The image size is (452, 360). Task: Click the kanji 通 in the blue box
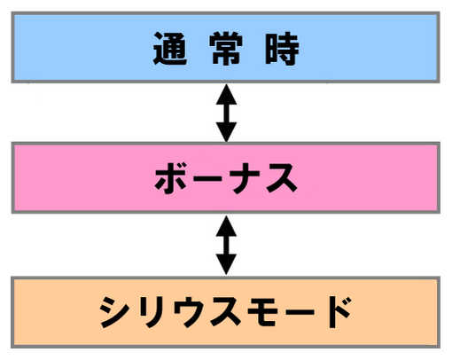tap(170, 49)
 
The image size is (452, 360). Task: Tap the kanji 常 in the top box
tap(226, 49)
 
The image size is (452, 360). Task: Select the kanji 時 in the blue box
tap(282, 49)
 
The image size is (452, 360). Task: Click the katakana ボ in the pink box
tap(171, 177)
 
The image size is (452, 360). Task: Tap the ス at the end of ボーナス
tap(282, 178)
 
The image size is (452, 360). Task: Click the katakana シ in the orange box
tap(115, 312)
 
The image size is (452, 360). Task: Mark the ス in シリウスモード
tap(225, 312)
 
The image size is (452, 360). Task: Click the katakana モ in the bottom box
tap(262, 312)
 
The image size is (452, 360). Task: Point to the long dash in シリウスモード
tap(299, 312)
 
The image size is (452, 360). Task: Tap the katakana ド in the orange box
tap(336, 312)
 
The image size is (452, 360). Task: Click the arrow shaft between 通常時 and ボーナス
tap(226, 113)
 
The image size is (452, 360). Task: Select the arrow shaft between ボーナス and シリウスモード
tap(226, 245)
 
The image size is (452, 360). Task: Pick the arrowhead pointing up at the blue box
tap(226, 94)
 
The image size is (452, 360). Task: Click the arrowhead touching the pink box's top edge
tap(226, 132)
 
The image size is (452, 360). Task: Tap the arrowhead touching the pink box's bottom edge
tap(226, 226)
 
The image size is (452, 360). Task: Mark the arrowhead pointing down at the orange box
tap(226, 264)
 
